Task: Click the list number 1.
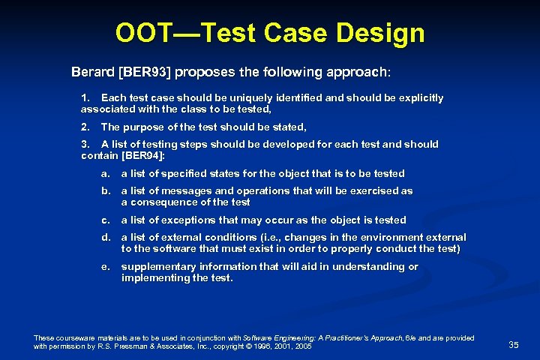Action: point(85,98)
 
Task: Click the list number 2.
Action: point(85,127)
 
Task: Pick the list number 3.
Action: point(85,144)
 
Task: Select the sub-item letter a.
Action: point(105,173)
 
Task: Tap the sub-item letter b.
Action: point(105,191)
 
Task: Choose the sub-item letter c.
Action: point(105,220)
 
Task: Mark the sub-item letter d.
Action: point(105,238)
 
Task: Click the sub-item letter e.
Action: point(105,266)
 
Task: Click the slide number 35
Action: point(514,344)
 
